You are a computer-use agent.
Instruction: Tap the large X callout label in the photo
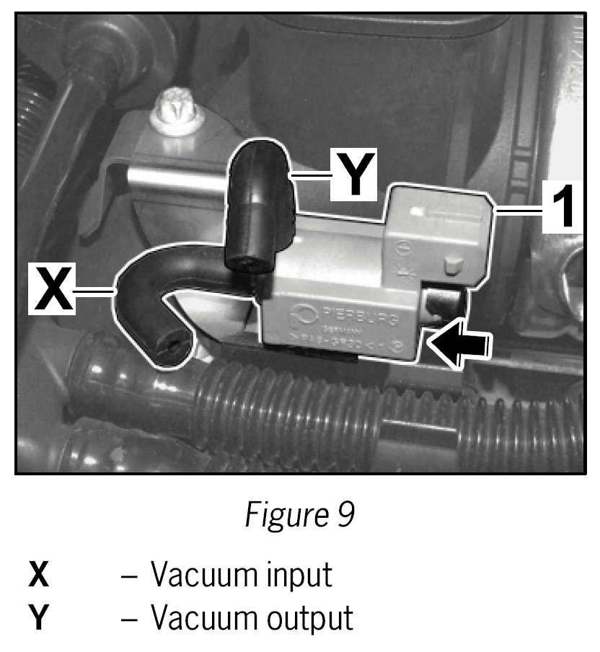51,288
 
